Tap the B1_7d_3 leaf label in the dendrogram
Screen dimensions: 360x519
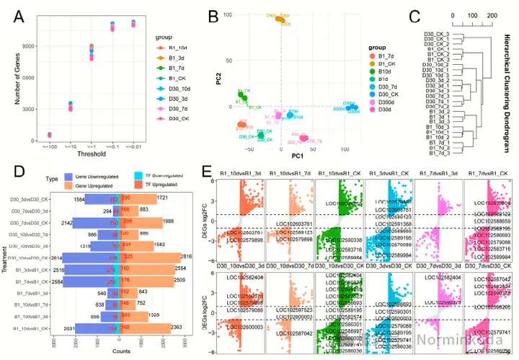(439, 153)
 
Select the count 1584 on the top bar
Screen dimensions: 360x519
(80, 198)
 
